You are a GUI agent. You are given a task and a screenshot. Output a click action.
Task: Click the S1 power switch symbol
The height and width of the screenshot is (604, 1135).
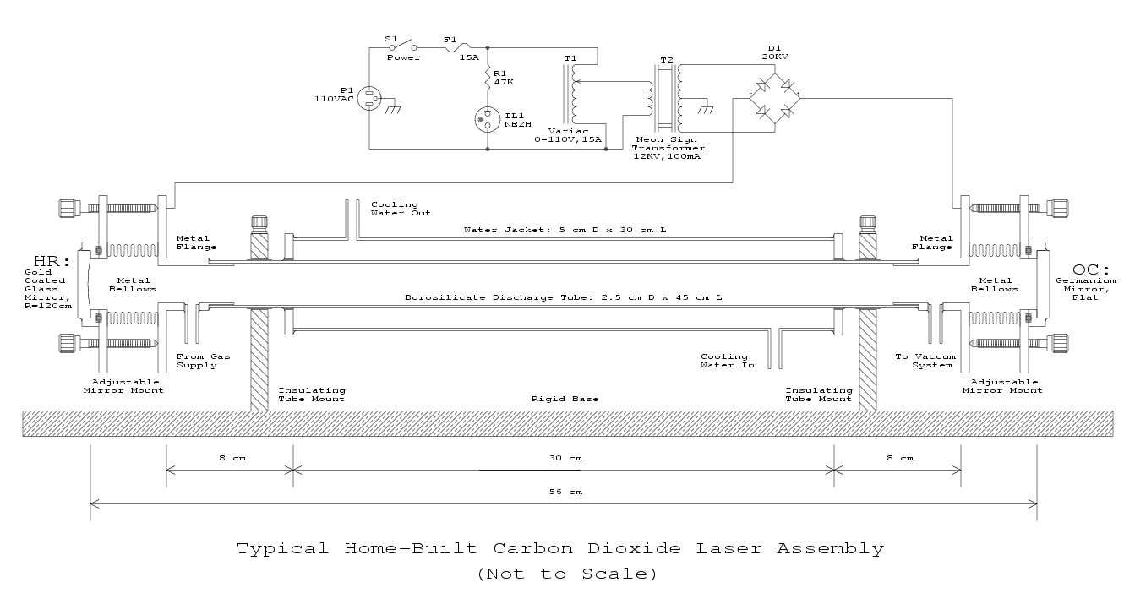pos(403,46)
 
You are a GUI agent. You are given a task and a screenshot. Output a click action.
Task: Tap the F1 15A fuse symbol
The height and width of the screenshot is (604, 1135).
pos(460,47)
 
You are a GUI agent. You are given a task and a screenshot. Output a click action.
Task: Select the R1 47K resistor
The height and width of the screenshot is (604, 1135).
pos(488,78)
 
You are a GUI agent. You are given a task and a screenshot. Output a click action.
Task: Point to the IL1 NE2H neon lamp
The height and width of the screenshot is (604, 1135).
pos(487,120)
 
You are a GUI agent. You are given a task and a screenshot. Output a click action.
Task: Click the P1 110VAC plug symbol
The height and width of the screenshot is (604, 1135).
pos(369,98)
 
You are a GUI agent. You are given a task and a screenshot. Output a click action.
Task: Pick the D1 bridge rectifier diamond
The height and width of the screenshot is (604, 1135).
pos(775,98)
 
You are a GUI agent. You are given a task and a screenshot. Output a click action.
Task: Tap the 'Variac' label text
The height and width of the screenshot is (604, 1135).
pos(568,131)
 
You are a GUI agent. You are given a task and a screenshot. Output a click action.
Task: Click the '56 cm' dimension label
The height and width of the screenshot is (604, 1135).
pos(565,492)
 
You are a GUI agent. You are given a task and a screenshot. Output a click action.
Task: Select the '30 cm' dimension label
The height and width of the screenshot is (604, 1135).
pos(565,458)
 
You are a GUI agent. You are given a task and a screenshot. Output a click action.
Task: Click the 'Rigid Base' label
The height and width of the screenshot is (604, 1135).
pos(565,399)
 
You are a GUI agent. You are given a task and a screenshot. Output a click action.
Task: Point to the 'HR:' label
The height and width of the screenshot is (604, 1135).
pos(52,261)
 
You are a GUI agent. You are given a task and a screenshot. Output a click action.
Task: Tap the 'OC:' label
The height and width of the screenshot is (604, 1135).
pos(1091,269)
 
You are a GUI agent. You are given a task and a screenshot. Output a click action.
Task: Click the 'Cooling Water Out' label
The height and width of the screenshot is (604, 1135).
pos(401,209)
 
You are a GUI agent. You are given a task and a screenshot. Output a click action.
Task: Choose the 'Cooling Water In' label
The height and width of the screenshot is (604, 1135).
pos(728,361)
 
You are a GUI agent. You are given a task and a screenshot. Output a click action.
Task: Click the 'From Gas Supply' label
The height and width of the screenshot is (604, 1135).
pos(203,361)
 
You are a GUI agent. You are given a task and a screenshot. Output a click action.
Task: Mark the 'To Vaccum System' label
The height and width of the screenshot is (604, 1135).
pos(925,361)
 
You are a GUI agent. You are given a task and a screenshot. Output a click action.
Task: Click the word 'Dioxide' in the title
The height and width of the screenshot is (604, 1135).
pos(635,548)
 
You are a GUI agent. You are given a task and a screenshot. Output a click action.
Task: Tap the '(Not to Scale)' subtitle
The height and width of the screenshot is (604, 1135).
pos(567,574)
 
